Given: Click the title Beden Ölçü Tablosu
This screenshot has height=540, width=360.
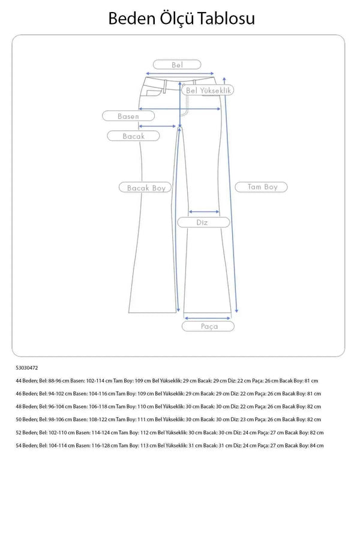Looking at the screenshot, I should click(x=181, y=19).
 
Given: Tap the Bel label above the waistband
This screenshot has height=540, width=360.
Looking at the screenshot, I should click(x=176, y=65).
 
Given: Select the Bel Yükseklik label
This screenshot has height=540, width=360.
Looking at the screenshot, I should click(x=209, y=90).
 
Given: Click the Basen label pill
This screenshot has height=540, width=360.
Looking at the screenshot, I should click(x=128, y=116).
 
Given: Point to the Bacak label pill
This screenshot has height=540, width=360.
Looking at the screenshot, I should click(x=134, y=136).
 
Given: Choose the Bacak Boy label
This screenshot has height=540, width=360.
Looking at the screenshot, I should click(x=146, y=188).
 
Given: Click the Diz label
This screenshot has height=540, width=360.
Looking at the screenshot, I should click(x=203, y=222).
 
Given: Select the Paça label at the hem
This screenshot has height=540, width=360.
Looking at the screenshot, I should click(x=209, y=326).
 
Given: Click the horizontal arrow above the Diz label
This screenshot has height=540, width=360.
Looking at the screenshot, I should click(x=203, y=211).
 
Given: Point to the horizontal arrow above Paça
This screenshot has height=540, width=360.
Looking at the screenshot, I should click(x=208, y=318).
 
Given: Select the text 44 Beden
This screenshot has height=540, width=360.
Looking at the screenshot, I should click(x=26, y=381).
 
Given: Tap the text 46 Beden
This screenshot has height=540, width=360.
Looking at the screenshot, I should click(x=26, y=394).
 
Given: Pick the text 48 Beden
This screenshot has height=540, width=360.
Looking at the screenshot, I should click(x=26, y=407).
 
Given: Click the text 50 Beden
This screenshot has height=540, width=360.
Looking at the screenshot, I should click(x=26, y=419).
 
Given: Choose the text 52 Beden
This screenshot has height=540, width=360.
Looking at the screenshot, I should click(x=26, y=433).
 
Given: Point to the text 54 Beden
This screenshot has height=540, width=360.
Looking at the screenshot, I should click(x=26, y=445).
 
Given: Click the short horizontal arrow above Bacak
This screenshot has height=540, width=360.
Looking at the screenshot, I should click(x=160, y=126).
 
